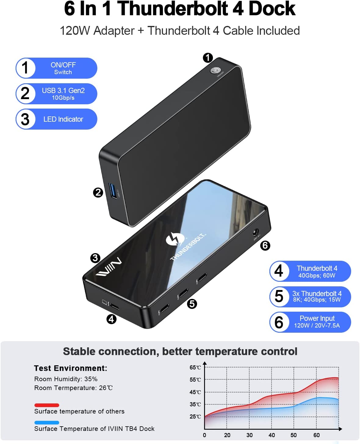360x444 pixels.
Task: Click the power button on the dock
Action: [215, 71]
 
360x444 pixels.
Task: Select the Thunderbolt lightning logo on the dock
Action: [175, 239]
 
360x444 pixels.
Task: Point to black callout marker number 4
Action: [111, 319]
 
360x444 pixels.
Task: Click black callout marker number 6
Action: [265, 245]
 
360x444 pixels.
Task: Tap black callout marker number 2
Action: [98, 192]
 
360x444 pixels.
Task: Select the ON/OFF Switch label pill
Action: [56, 68]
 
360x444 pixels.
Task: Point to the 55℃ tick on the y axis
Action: [195, 380]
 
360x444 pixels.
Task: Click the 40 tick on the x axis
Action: [272, 435]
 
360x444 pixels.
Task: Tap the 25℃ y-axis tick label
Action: [195, 417]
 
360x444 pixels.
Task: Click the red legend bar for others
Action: [47, 405]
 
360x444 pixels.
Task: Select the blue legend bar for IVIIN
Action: [47, 423]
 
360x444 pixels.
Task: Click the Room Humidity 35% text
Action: [66, 379]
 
